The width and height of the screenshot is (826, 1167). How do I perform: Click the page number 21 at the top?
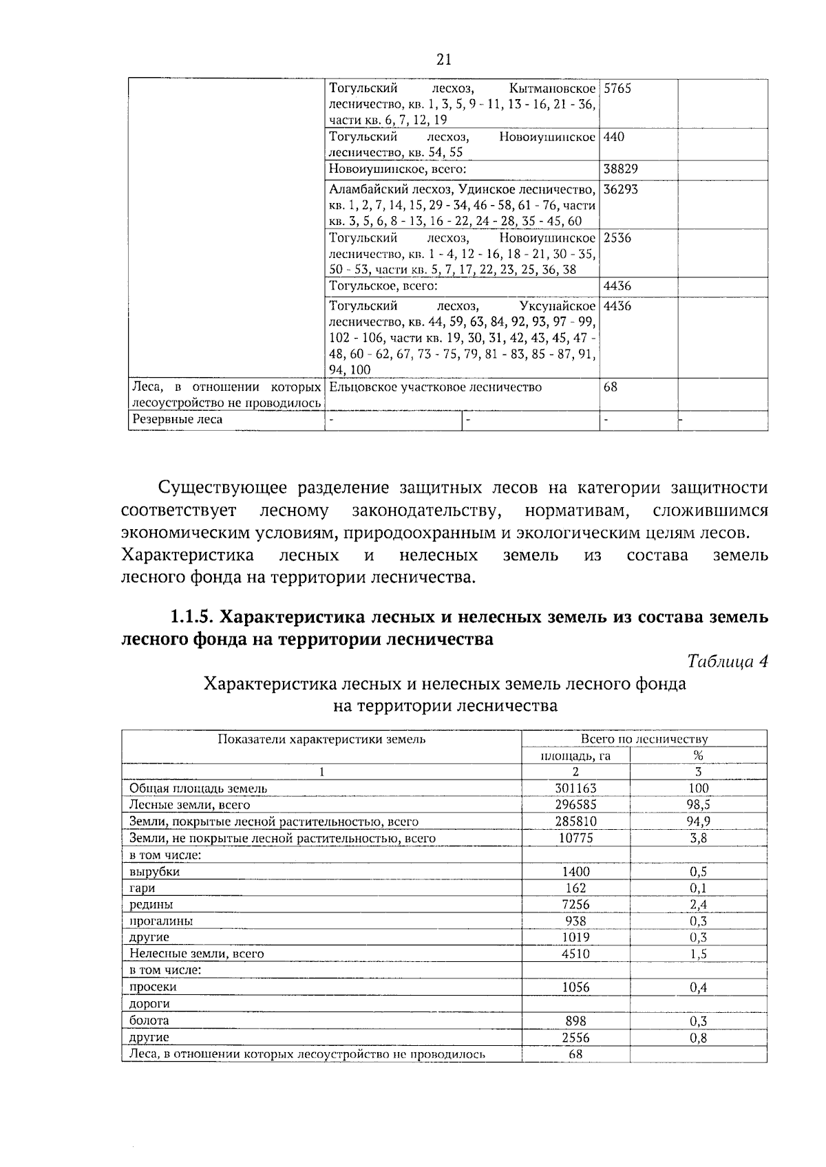click(444, 59)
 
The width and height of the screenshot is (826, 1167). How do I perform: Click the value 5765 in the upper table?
click(617, 89)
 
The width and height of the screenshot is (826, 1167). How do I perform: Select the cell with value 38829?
click(620, 169)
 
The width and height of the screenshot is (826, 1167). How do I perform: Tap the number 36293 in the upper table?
click(620, 189)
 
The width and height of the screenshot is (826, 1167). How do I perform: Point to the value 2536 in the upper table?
click(617, 238)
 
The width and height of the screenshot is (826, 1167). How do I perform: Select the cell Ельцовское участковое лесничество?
click(436, 387)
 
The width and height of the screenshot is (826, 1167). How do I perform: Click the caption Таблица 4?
click(728, 661)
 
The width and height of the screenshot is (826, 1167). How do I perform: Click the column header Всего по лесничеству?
click(644, 739)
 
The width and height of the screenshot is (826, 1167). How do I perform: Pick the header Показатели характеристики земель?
click(321, 739)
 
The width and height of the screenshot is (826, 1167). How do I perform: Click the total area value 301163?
click(575, 789)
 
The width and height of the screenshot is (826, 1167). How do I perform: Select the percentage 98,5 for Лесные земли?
click(699, 805)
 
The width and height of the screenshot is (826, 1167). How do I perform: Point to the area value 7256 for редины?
click(575, 904)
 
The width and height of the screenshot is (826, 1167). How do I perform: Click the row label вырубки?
click(155, 872)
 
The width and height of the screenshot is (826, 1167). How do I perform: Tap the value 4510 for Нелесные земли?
click(575, 954)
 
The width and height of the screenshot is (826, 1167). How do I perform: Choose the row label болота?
click(149, 1020)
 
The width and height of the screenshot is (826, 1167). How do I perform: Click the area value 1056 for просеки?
click(575, 987)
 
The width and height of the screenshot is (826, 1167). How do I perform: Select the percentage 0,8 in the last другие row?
click(699, 1038)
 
